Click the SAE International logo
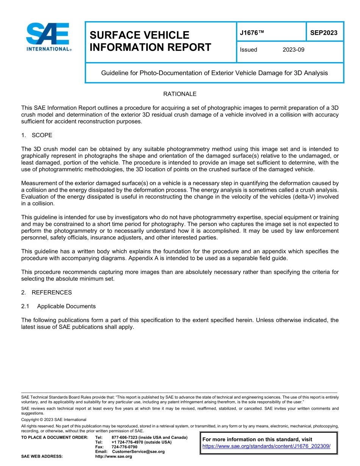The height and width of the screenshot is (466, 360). pyautogui.click(x=49, y=37)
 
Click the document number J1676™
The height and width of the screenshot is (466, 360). pyautogui.click(x=252, y=33)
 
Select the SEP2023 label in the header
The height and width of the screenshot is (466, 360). pyautogui.click(x=324, y=33)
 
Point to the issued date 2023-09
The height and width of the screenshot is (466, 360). pyautogui.click(x=293, y=50)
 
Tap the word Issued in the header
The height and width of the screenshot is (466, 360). pyautogui.click(x=248, y=50)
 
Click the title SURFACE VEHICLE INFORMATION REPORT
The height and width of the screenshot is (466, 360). pyautogui.click(x=150, y=41)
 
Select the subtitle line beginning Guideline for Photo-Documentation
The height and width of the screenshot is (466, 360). pyautogui.click(x=214, y=73)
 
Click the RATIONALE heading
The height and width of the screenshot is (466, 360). pyautogui.click(x=180, y=94)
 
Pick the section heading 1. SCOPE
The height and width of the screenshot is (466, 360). pyautogui.click(x=37, y=135)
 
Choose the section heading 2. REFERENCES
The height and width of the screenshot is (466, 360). pyautogui.click(x=46, y=292)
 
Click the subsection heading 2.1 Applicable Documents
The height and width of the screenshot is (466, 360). pyautogui.click(x=58, y=306)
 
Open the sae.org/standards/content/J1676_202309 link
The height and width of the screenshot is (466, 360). pyautogui.click(x=266, y=446)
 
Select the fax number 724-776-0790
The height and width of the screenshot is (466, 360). pyautogui.click(x=124, y=447)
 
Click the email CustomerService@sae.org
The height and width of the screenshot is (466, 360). pyautogui.click(x=138, y=452)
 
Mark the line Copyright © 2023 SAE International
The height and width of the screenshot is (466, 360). pyautogui.click(x=54, y=419)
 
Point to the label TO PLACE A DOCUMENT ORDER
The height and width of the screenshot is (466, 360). pyautogui.click(x=55, y=438)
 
